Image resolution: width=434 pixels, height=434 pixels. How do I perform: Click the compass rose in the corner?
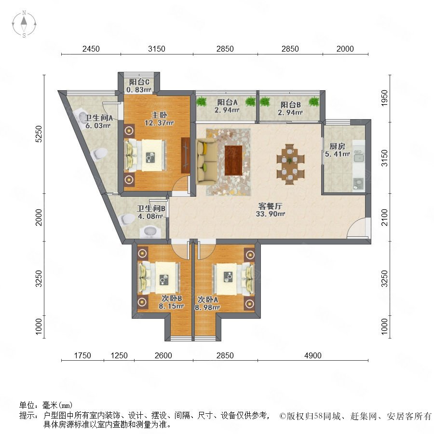[24, 24]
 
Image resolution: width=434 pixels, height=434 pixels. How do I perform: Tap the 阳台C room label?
[139, 82]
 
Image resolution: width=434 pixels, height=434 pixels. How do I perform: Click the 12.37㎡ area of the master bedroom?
[159, 122]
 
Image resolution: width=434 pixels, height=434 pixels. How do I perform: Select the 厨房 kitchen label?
[337, 146]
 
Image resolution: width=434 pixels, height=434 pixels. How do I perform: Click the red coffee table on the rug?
[233, 161]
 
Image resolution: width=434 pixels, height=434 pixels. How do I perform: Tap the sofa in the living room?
[206, 162]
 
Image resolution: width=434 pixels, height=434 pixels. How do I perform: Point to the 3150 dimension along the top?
[156, 49]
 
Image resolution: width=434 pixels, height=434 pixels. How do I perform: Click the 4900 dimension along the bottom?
[313, 355]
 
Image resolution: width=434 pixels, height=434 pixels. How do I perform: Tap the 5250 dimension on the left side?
[39, 134]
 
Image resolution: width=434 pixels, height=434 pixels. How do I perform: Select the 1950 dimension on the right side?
[384, 98]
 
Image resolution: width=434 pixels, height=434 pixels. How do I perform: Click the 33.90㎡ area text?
[271, 214]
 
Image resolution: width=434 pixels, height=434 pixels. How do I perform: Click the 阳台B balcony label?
[290, 105]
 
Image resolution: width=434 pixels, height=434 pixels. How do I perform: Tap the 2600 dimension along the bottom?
[163, 355]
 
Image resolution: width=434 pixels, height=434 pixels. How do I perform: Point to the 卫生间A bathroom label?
[98, 118]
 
